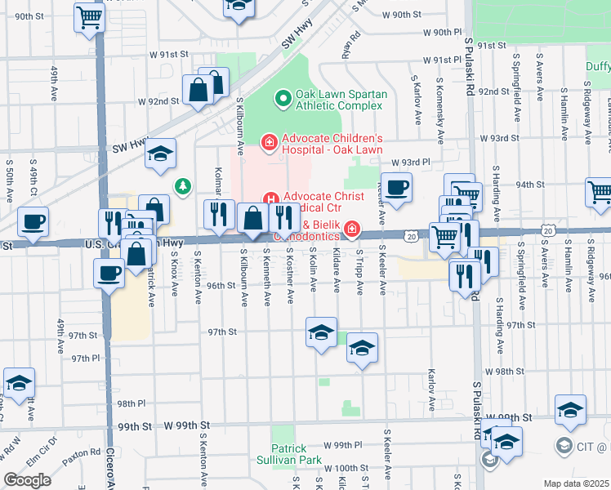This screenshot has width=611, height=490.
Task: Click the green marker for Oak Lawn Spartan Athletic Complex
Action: pos(283,99)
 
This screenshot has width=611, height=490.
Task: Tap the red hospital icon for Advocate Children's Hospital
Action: pos(268,144)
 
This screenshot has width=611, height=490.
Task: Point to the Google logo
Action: pos(27,480)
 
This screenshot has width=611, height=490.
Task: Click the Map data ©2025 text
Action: pos(576,483)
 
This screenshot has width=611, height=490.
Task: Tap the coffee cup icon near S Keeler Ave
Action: pos(397,187)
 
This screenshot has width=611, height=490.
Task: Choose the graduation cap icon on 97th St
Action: pos(321,332)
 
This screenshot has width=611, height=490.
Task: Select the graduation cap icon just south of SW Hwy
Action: pos(161,153)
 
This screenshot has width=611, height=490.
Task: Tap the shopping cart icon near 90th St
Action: pos(89,16)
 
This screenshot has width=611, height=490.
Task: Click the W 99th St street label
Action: pos(187,426)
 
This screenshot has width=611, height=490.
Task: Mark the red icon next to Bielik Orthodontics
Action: pos(352,230)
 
